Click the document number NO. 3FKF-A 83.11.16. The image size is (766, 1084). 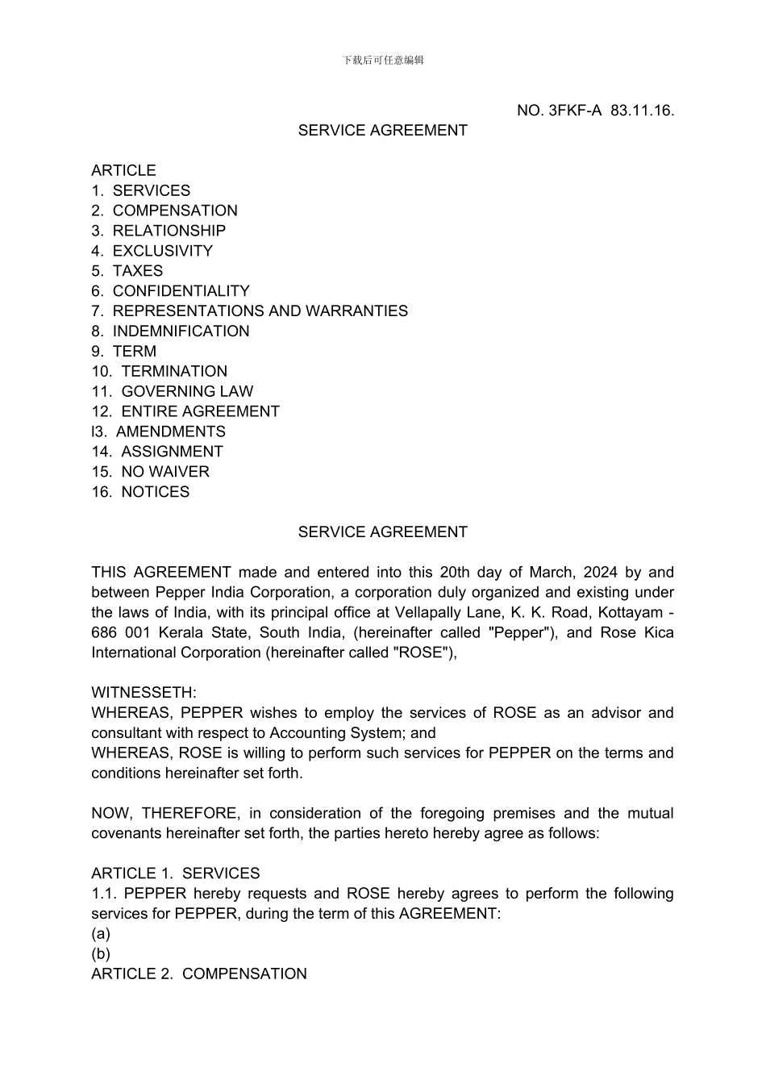(x=595, y=110)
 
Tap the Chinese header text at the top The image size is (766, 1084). (x=383, y=60)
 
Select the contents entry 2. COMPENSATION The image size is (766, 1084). (x=164, y=211)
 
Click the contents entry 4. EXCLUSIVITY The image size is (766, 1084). (x=152, y=251)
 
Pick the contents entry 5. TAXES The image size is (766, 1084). (x=127, y=271)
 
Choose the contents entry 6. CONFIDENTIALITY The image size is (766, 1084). (x=171, y=291)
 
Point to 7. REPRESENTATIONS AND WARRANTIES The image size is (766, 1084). (x=250, y=311)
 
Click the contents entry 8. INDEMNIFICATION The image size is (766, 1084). (x=171, y=331)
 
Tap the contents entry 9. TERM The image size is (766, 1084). (x=124, y=352)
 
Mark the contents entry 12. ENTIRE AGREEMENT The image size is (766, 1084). (x=185, y=411)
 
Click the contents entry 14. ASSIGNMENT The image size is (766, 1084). (x=157, y=452)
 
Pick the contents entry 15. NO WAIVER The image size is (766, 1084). (x=151, y=472)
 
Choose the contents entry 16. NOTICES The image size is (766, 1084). (x=141, y=492)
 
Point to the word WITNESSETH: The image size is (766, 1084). (x=144, y=693)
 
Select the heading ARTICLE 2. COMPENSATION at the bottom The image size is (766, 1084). (x=199, y=974)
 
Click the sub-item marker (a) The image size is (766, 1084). (x=101, y=934)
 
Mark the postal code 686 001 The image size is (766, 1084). (x=120, y=633)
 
